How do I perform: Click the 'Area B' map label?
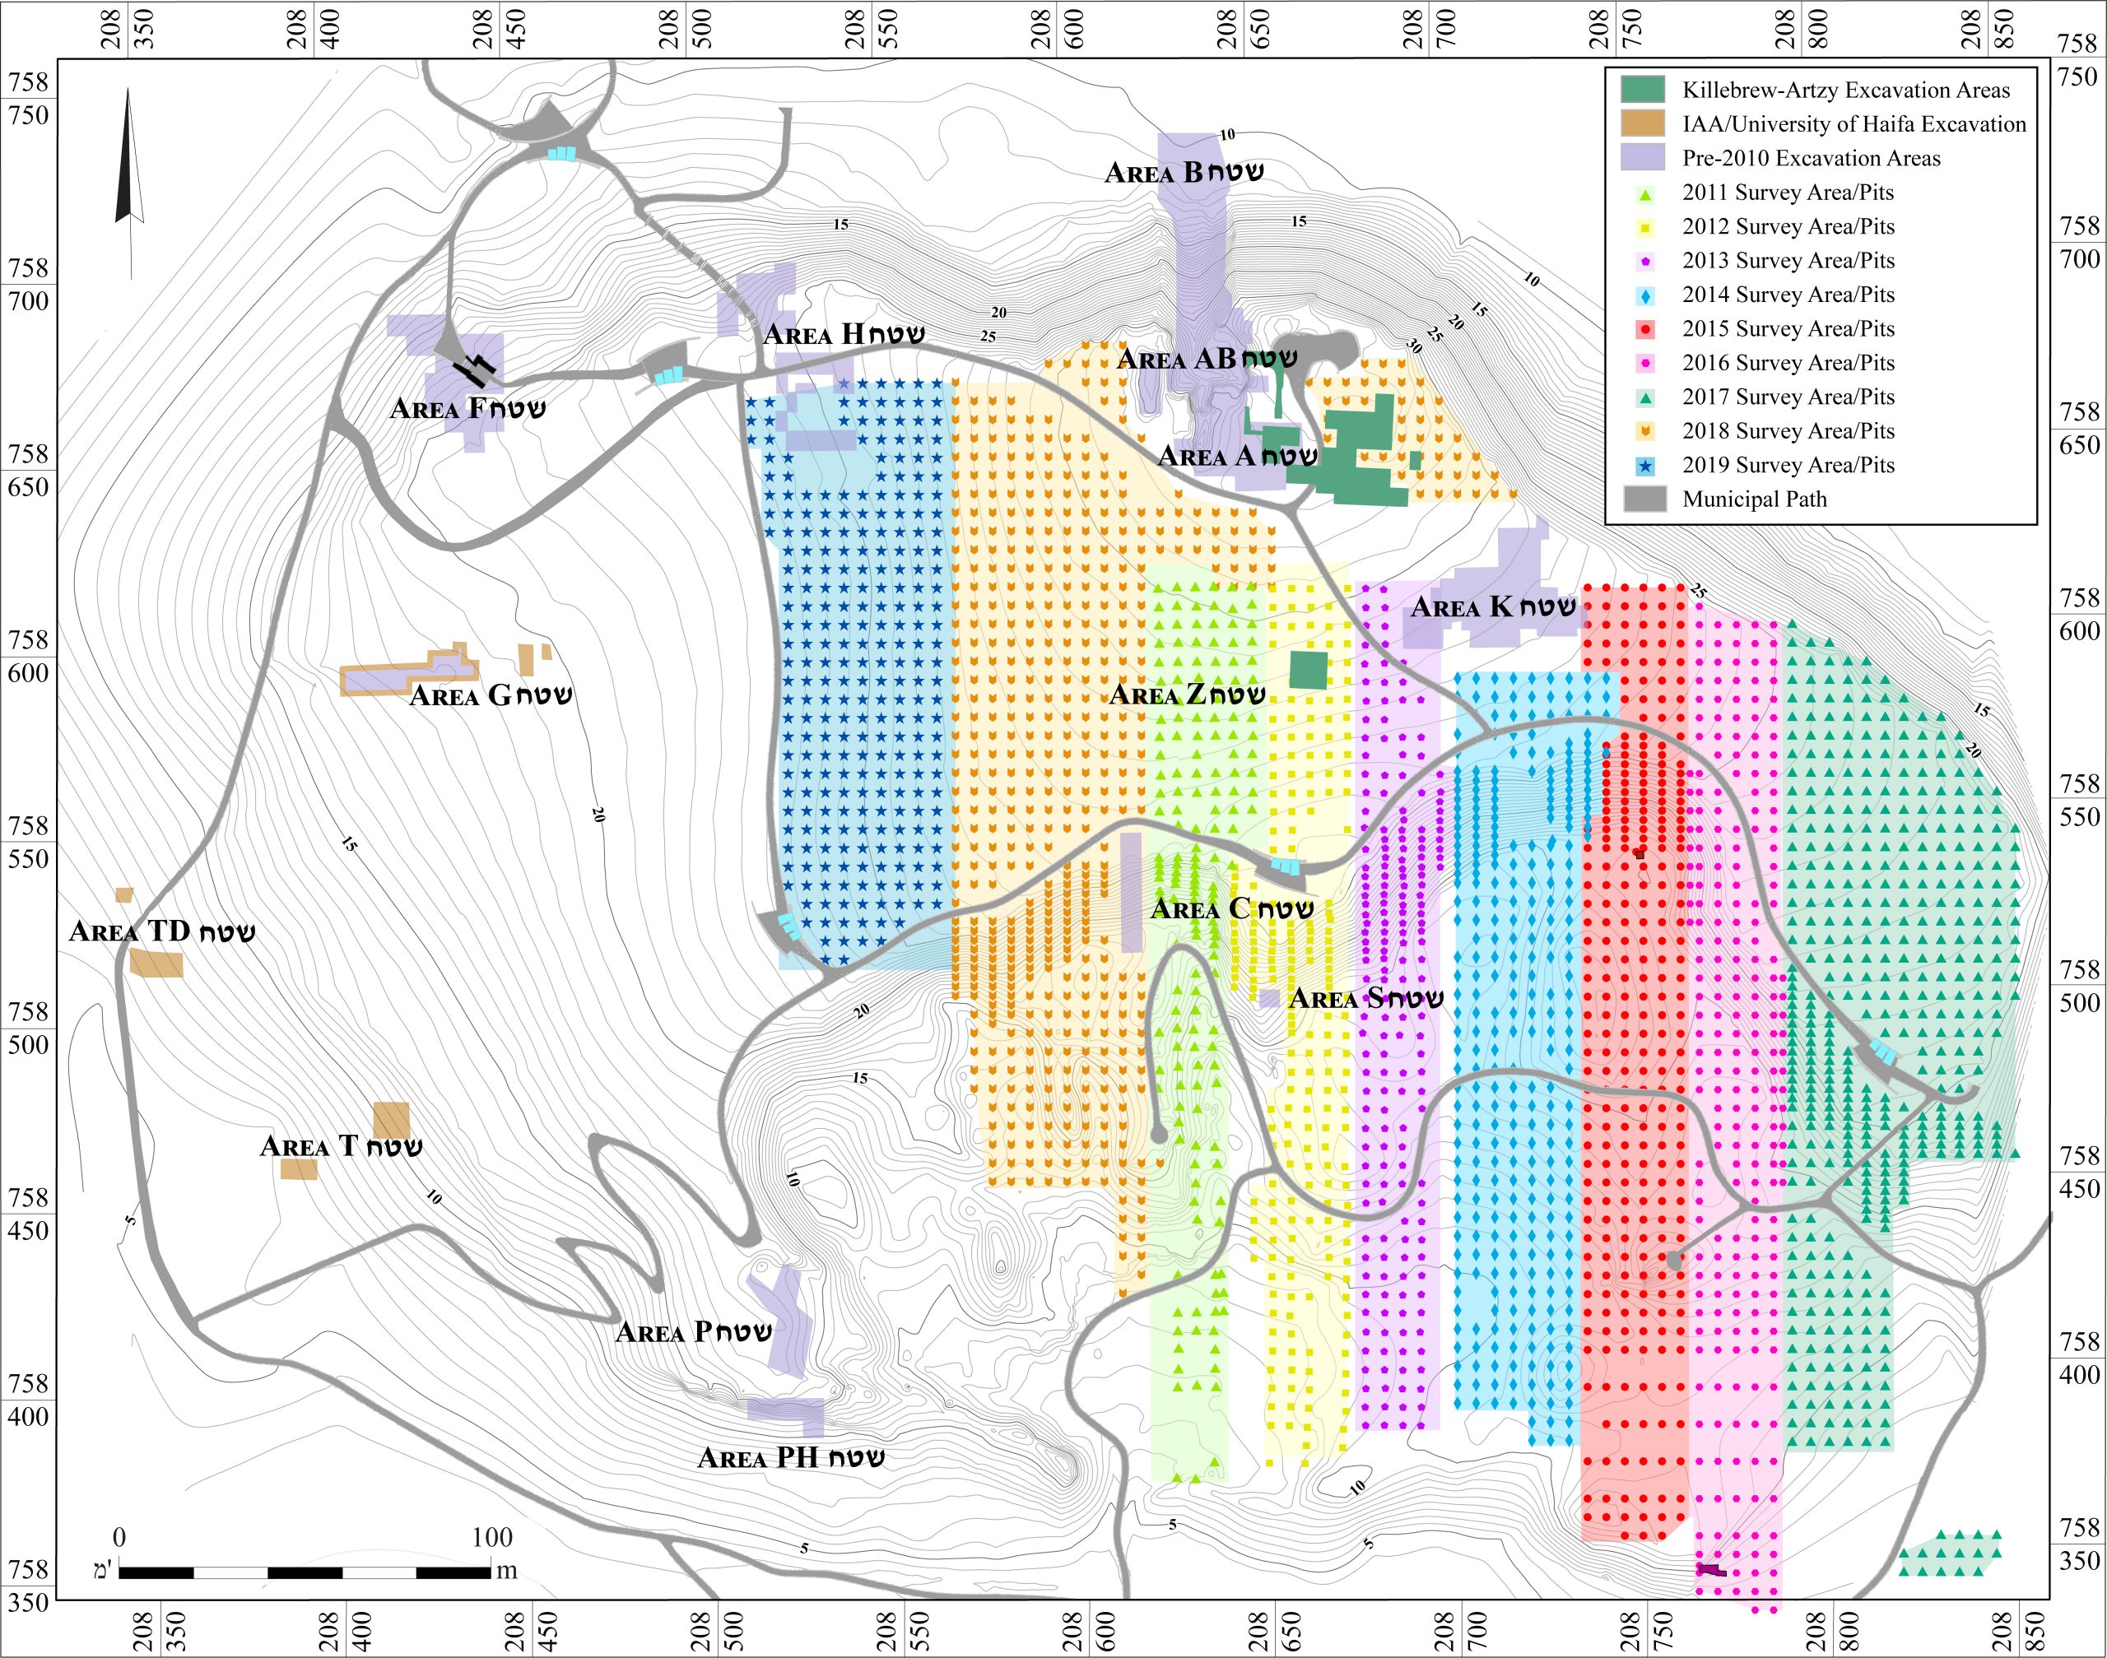pyautogui.click(x=1184, y=173)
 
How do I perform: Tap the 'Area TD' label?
pyautogui.click(x=162, y=932)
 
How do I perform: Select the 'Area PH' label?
pyautogui.click(x=790, y=1458)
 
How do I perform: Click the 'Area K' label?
pyautogui.click(x=1492, y=608)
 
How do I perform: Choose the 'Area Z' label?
pyautogui.click(x=1188, y=695)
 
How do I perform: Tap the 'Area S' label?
pyautogui.click(x=1365, y=999)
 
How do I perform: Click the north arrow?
pyautogui.click(x=128, y=165)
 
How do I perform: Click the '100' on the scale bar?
pyautogui.click(x=491, y=1537)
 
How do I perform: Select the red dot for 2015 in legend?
pyautogui.click(x=1644, y=330)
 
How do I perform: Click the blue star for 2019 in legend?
pyautogui.click(x=1644, y=466)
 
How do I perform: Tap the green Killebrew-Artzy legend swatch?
pyautogui.click(x=1643, y=90)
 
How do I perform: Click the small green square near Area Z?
pyautogui.click(x=1308, y=670)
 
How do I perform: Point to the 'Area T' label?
pyautogui.click(x=341, y=1146)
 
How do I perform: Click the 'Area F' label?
pyautogui.click(x=467, y=409)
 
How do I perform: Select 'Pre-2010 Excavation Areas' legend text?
pyautogui.click(x=1811, y=158)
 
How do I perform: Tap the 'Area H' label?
pyautogui.click(x=843, y=335)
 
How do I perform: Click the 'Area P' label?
pyautogui.click(x=693, y=1332)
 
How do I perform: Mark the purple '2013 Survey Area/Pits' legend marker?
pyautogui.click(x=1644, y=261)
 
